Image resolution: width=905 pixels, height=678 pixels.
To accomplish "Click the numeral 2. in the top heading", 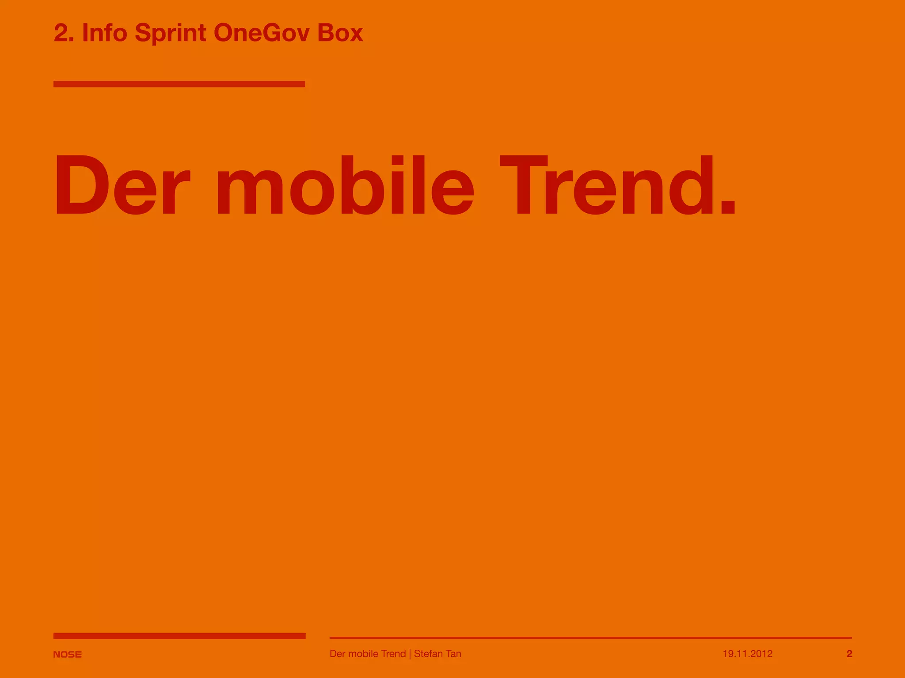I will click(64, 33).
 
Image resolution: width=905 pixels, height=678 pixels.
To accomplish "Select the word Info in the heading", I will click(105, 33).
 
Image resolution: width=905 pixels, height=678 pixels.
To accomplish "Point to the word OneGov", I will click(261, 33).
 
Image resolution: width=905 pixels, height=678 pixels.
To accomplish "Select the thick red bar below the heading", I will click(179, 84).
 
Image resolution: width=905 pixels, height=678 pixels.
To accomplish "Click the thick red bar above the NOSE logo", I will click(179, 636).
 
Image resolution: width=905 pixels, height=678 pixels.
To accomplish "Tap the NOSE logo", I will click(67, 654).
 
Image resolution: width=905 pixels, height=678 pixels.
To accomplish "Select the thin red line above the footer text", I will click(590, 637).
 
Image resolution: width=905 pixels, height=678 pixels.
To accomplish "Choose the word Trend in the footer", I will click(393, 654).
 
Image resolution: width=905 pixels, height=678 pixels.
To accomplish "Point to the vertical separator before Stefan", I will click(410, 654).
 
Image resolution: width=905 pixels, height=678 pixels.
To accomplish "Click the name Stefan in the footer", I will click(429, 654).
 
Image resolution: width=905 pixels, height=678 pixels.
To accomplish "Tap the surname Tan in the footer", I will click(454, 654).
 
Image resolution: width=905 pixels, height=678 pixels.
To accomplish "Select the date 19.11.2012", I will click(748, 654).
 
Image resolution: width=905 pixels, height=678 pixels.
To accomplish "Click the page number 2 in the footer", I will click(849, 654).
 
